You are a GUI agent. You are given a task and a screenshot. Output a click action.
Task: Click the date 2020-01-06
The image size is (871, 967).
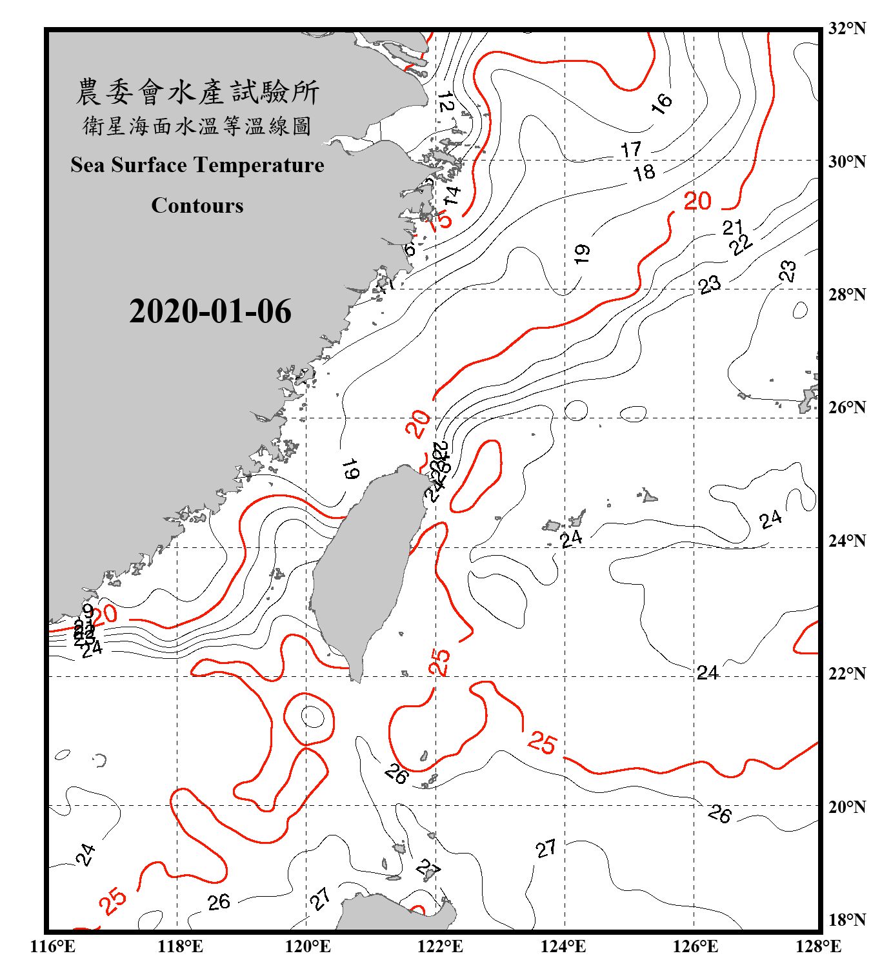(210, 311)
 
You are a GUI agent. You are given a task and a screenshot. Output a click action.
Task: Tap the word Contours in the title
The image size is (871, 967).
(197, 206)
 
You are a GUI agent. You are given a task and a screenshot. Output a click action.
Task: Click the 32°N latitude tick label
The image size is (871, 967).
(846, 28)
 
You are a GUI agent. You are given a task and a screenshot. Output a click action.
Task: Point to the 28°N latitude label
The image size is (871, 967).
(846, 295)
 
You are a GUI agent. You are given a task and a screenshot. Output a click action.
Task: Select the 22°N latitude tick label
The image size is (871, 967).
(846, 674)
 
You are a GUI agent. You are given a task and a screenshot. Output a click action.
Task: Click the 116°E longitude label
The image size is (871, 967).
(53, 946)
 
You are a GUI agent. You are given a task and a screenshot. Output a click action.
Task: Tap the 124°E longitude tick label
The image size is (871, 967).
(563, 946)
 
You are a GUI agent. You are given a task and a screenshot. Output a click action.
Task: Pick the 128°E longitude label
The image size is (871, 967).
(818, 946)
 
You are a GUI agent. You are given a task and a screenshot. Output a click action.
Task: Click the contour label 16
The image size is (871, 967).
(661, 103)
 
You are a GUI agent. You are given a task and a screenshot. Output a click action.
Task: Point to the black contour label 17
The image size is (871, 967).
(631, 150)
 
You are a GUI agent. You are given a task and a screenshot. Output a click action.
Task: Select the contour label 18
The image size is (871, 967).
(643, 172)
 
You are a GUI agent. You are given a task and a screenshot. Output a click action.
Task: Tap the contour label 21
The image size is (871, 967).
(732, 227)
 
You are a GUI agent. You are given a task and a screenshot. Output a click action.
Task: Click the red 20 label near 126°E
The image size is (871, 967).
(697, 201)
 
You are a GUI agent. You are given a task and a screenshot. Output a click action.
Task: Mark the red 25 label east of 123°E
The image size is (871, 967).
(541, 743)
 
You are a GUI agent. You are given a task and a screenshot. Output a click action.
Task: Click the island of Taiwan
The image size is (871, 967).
(365, 567)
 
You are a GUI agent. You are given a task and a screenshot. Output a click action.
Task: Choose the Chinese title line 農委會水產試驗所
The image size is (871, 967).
(197, 92)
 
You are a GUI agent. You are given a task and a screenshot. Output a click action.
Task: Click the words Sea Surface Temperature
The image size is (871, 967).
(197, 165)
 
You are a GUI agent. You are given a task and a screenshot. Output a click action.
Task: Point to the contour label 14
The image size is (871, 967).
(452, 195)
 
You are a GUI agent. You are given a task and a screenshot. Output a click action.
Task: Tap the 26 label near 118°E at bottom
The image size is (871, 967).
(219, 902)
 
